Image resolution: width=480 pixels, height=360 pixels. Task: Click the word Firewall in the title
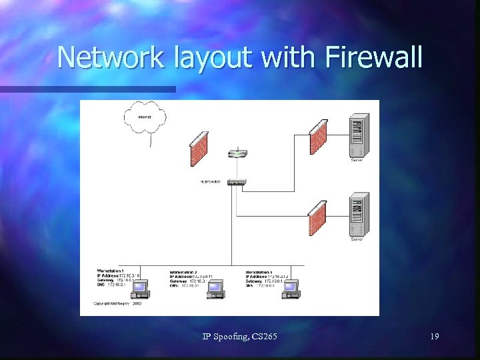pos(375,57)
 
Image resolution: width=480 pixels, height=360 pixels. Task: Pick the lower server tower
pos(359,215)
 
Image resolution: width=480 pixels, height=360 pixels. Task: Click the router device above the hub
pos(237,154)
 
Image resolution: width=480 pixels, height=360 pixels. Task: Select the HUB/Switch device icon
pos(237,181)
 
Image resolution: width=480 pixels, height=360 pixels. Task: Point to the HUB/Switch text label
pos(211,181)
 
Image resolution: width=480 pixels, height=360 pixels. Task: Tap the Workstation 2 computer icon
pos(215,288)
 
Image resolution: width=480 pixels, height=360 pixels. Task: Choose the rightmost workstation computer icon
pos(290,288)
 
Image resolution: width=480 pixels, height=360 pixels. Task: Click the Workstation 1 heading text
pos(111,270)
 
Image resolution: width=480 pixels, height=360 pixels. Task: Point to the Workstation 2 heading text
pos(184,272)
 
